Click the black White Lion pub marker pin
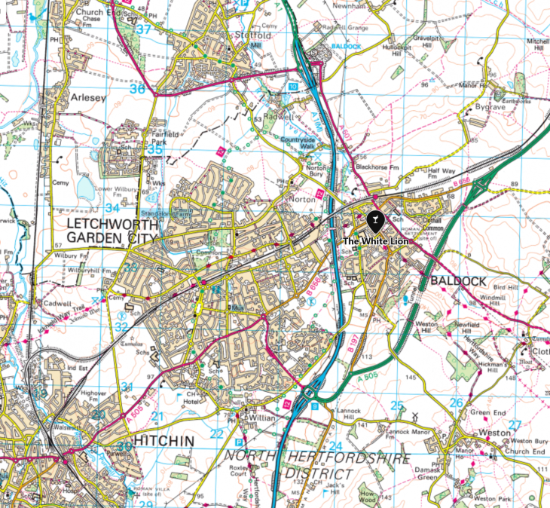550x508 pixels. coord(374,220)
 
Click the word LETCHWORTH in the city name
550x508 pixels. coord(110,225)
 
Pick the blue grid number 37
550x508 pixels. coord(142,31)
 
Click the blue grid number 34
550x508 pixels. coord(112,207)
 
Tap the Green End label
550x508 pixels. coord(487,412)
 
